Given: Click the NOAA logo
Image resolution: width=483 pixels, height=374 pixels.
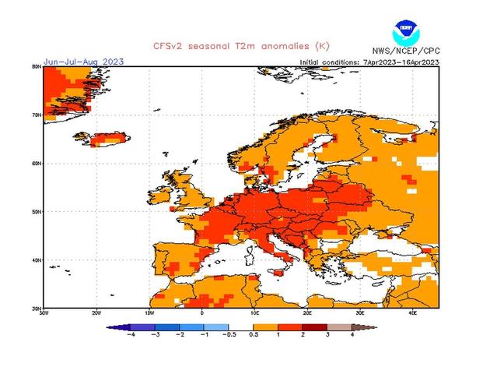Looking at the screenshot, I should [405, 34].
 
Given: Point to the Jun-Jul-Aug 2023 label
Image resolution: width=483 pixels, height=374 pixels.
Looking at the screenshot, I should [83, 62].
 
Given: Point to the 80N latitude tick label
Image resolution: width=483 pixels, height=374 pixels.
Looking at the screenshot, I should [37, 67].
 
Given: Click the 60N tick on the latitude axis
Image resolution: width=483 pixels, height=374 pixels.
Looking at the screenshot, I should [37, 163].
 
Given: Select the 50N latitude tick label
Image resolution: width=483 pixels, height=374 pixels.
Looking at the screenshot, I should [37, 211].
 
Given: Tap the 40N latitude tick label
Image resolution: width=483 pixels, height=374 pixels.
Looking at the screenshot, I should [37, 259].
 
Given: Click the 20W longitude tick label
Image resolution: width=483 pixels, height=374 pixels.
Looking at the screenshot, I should [96, 312].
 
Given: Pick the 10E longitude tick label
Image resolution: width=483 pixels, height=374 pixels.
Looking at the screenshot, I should [254, 312].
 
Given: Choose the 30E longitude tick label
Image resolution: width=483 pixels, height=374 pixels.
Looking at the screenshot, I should [360, 312].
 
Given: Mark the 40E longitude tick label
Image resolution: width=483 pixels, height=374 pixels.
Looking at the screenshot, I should [412, 312].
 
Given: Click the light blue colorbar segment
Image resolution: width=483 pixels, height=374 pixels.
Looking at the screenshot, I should [217, 327].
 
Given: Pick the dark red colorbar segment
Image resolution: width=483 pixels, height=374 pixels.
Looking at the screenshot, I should [316, 327].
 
